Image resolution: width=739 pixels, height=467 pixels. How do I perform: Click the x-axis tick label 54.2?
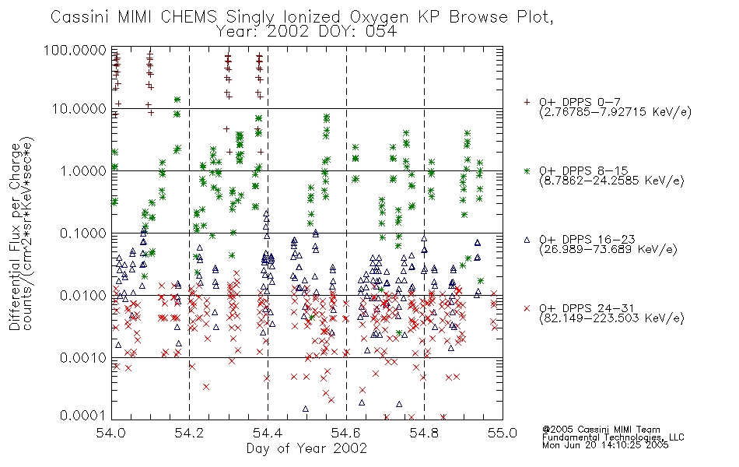(189, 433)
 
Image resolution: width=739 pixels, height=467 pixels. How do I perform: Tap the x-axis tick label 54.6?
(346, 433)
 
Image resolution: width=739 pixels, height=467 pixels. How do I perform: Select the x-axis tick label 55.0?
(503, 433)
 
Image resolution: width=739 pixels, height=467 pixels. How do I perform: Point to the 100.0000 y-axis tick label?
(75, 50)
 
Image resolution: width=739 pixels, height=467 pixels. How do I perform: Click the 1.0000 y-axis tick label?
(83, 170)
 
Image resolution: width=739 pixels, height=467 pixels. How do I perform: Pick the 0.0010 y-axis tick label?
(83, 358)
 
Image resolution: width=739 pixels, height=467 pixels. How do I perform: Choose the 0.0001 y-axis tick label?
(83, 416)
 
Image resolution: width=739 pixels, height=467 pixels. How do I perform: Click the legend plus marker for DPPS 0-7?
(527, 102)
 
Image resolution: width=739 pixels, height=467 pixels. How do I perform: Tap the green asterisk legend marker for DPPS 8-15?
(527, 170)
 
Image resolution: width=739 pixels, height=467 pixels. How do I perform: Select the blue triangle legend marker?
(527, 240)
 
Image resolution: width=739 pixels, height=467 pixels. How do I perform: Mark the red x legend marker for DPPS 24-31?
(527, 308)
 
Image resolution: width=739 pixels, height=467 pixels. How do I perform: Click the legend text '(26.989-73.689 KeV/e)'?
(608, 250)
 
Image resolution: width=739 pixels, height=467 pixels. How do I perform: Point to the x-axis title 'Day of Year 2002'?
(306, 448)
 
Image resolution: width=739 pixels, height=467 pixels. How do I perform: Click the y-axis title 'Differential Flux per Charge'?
(15, 236)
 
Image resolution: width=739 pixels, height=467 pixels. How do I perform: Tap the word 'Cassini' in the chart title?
(80, 17)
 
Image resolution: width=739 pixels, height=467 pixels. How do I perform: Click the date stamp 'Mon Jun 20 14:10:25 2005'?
(605, 445)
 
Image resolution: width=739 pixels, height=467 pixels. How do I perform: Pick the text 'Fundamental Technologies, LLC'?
(613, 437)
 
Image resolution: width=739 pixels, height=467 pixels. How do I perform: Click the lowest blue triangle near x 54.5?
(306, 409)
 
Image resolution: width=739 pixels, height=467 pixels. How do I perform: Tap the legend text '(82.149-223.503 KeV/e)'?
(611, 318)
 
